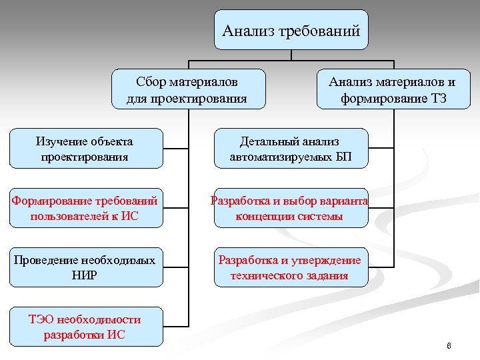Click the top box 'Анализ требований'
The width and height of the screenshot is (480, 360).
tap(291, 30)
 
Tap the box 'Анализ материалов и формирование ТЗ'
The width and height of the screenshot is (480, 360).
tap(393, 90)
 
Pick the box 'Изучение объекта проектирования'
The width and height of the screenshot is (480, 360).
tap(85, 149)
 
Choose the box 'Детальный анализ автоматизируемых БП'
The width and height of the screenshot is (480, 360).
tap(290, 149)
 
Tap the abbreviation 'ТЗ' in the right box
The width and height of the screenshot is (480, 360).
tap(437, 99)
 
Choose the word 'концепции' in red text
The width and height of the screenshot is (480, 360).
tap(263, 216)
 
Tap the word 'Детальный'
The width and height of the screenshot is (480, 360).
tap(265, 141)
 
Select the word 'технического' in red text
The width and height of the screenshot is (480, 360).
tap(263, 275)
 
